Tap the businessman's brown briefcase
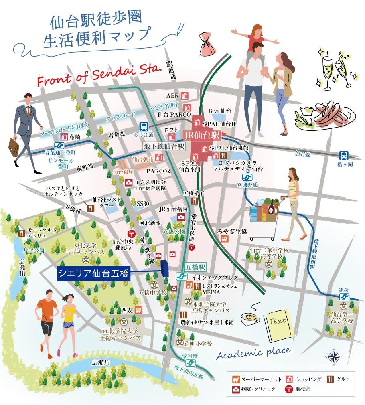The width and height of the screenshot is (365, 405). (x=13, y=147)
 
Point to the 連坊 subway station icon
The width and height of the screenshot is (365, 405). (x=344, y=297)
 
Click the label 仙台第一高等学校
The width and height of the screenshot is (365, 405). (x=342, y=317)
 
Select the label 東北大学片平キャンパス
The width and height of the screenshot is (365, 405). (x=85, y=249)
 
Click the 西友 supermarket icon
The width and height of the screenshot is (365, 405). (x=138, y=310)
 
